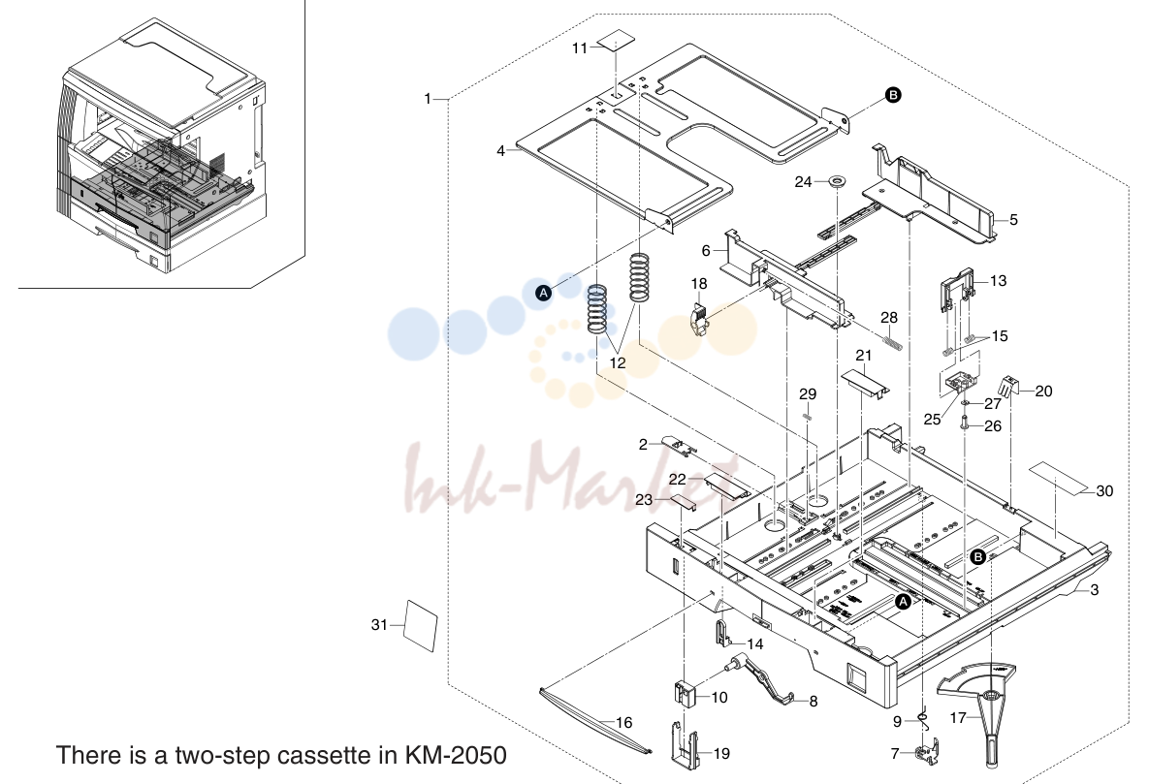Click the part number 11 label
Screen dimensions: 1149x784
point(580,48)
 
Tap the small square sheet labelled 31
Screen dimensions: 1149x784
point(422,626)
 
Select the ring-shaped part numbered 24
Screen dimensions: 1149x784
point(835,180)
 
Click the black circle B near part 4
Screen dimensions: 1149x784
point(893,95)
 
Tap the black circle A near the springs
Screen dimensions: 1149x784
point(543,293)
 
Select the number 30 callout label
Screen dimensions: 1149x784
point(1104,491)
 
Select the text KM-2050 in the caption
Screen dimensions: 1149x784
point(455,755)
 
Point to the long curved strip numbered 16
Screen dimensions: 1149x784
point(595,719)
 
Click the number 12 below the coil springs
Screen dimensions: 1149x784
point(618,362)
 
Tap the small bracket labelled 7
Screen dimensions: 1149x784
point(927,753)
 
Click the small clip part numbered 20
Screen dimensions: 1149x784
point(1008,388)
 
